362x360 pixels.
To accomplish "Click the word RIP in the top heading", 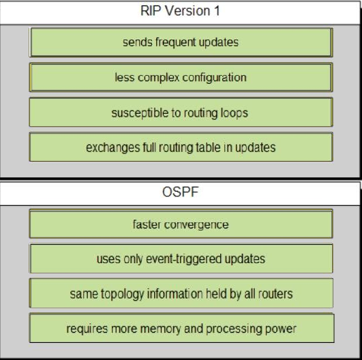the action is (150, 11).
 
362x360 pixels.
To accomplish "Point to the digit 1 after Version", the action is (216, 11).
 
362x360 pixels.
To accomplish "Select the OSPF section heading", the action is (180, 192).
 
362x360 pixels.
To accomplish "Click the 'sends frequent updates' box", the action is (181, 42).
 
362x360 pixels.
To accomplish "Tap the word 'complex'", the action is (159, 78).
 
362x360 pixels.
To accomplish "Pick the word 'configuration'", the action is (214, 78).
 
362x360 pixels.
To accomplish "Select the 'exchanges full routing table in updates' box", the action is (181, 147).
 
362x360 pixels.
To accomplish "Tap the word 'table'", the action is (208, 147).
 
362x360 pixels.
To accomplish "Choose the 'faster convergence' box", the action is (181, 224).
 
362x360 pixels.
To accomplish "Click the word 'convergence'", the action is (196, 225).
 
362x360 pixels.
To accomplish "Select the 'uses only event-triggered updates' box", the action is (181, 258).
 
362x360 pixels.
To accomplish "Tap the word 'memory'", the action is (160, 329).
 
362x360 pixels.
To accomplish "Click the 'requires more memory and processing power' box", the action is (182, 328).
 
